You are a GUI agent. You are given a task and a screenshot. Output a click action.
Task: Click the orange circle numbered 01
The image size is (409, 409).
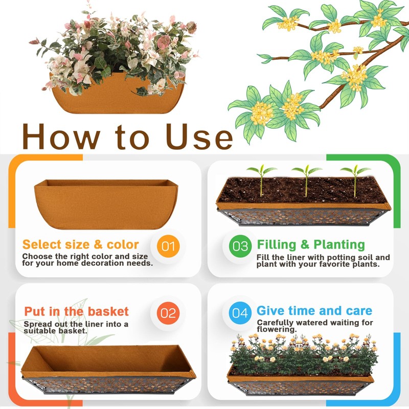[168, 246]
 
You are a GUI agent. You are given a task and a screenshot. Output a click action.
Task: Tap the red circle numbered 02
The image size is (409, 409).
[168, 312]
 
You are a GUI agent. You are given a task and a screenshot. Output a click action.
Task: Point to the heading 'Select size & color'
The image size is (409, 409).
[80, 244]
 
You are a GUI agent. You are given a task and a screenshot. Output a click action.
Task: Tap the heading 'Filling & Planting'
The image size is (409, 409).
[311, 244]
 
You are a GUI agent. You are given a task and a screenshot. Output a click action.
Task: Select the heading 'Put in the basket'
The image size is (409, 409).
[76, 311]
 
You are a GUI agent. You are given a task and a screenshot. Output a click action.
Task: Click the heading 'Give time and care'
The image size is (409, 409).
[314, 311]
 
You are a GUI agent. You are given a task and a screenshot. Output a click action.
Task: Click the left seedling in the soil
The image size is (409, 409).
[261, 179]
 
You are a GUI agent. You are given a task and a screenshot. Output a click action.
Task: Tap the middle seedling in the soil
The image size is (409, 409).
[306, 179]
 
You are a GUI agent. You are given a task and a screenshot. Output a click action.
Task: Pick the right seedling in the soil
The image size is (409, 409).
[355, 179]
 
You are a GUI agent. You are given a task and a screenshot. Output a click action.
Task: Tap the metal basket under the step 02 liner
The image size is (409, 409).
[107, 385]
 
